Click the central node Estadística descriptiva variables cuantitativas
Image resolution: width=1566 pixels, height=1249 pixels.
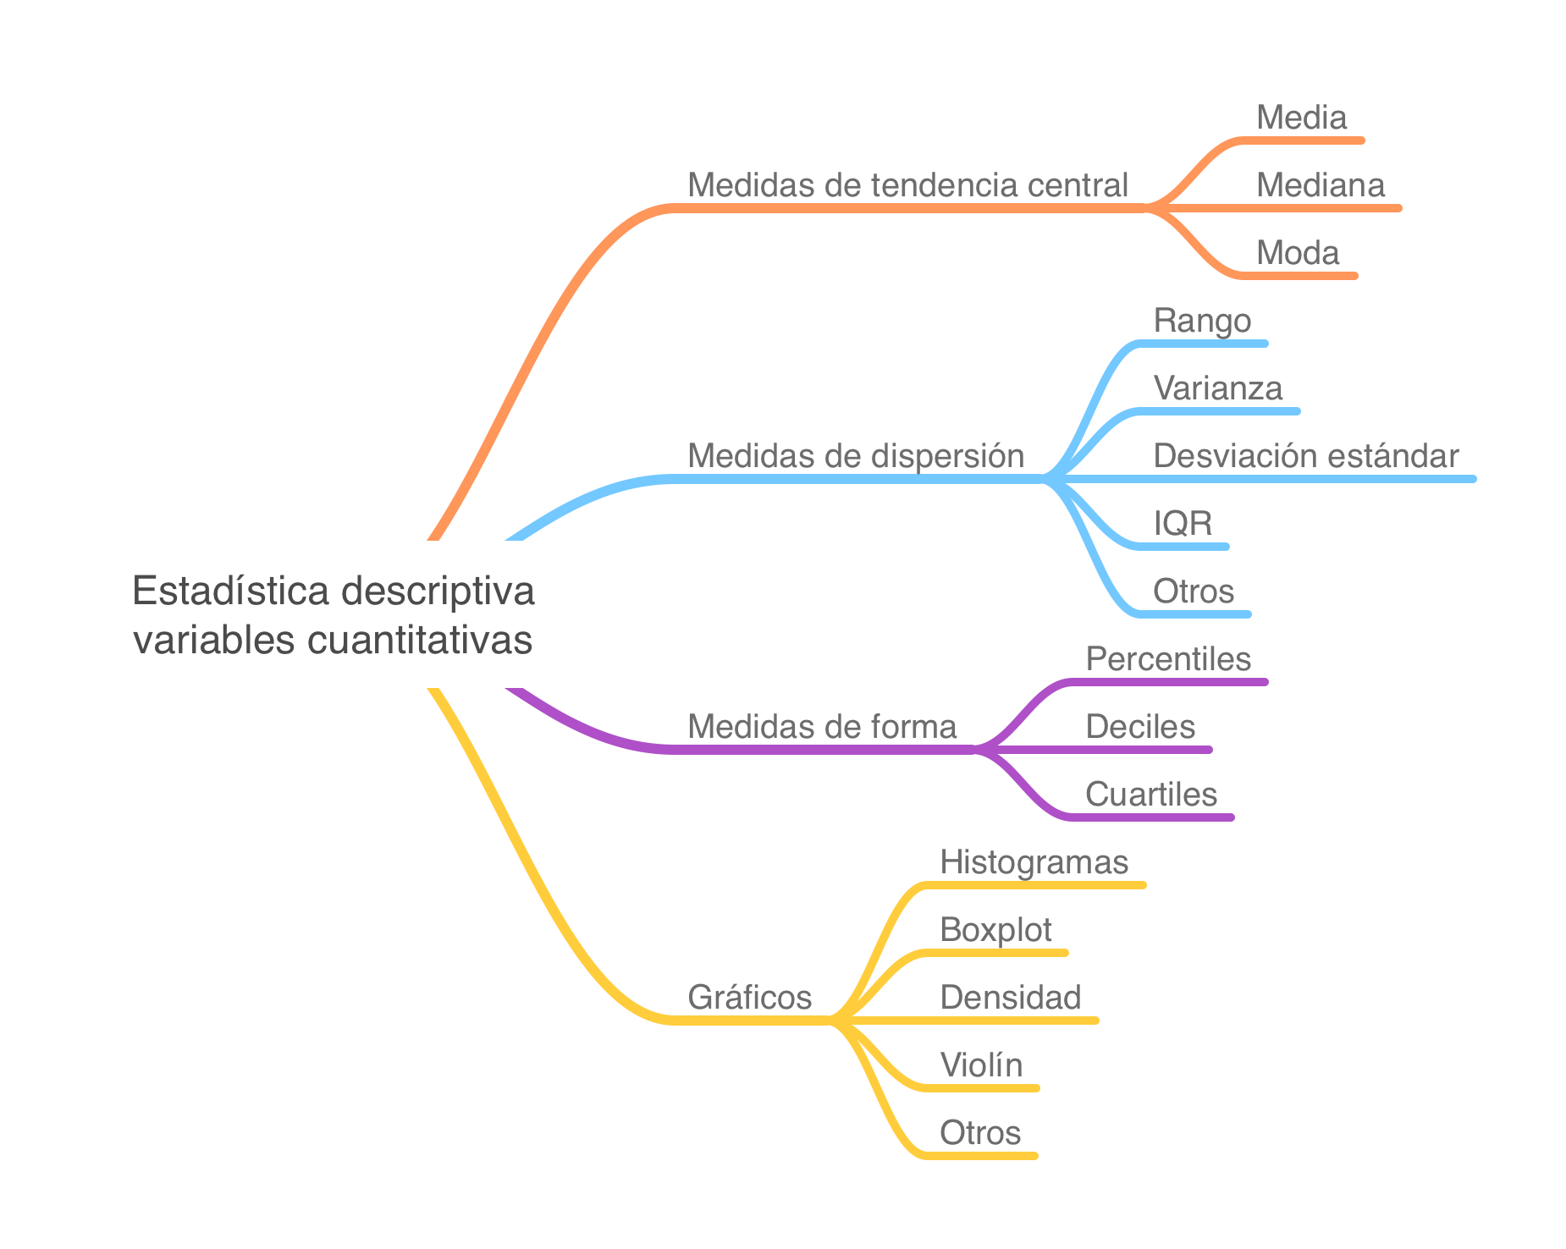(333, 614)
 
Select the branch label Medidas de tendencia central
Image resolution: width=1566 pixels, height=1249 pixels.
(907, 185)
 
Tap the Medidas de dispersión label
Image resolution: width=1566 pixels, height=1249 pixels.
(855, 456)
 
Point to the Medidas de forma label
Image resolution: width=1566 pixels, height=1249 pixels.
(821, 727)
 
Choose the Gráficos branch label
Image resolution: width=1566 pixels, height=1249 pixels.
(749, 998)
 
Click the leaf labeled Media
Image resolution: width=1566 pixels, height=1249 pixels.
(1301, 118)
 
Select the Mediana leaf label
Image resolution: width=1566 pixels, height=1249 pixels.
(1320, 185)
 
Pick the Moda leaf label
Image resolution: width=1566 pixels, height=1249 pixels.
(1297, 253)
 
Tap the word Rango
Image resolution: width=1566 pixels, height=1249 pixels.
(1202, 321)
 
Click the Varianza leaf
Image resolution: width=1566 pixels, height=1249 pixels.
(1217, 388)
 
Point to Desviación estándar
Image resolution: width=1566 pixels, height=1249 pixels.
(1305, 456)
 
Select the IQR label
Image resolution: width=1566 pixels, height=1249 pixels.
(1182, 524)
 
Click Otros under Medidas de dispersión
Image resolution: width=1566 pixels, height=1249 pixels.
(1193, 591)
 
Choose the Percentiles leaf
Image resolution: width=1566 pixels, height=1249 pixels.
(1168, 659)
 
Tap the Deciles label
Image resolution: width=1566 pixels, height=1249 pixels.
(1140, 727)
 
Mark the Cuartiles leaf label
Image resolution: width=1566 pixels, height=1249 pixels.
(1150, 795)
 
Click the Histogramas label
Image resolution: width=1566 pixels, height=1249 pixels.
(1034, 862)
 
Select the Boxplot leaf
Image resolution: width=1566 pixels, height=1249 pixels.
(995, 930)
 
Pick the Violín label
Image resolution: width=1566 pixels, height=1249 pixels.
(981, 1065)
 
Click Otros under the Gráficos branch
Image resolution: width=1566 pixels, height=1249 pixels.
(979, 1133)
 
